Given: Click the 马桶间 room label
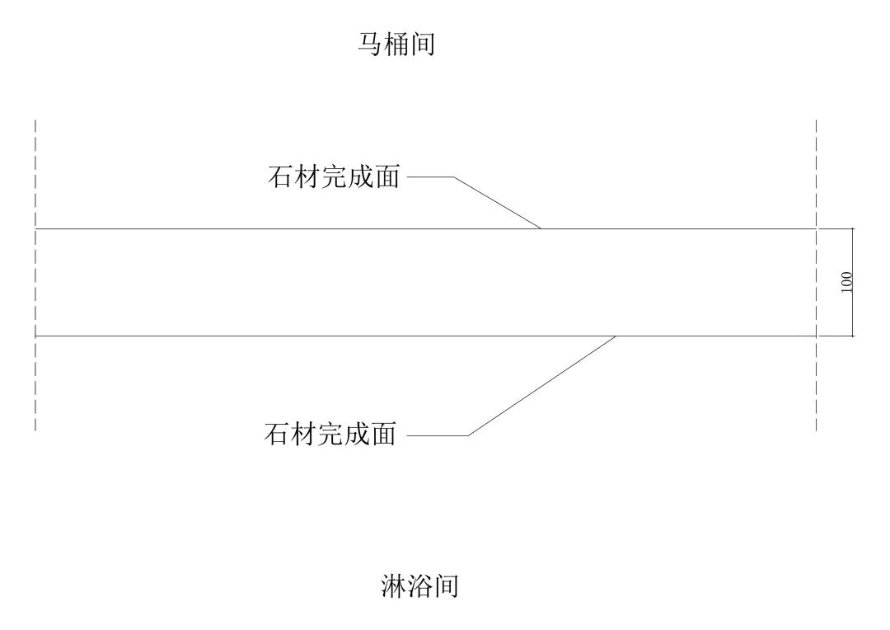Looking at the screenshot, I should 396,45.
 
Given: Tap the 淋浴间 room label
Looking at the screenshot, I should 419,586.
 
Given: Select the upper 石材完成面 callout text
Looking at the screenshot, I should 334,177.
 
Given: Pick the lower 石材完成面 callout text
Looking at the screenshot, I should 330,434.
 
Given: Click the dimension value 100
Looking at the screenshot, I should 847,282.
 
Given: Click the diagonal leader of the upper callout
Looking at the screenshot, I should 497,203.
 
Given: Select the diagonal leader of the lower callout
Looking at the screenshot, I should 542,386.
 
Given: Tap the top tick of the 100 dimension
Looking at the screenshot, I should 852,228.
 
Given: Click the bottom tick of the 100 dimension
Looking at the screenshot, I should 852,336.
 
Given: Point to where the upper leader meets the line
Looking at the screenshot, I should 540,228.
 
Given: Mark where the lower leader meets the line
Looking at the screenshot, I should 616,336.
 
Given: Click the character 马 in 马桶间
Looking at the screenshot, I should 369,45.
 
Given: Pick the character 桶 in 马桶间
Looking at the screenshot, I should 396,45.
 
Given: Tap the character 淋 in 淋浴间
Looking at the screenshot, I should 392,586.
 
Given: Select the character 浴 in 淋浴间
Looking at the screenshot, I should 419,586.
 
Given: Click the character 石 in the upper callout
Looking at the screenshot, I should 280,177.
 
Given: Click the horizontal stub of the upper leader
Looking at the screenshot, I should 430,177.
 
